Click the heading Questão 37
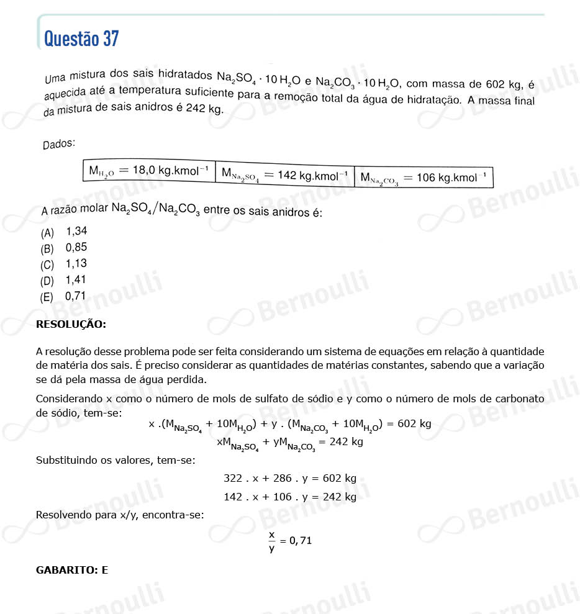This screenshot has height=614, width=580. tap(81, 39)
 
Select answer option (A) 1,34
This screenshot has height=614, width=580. tap(64, 232)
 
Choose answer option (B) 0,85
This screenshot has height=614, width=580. tap(64, 248)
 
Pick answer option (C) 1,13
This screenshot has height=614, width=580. tap(64, 264)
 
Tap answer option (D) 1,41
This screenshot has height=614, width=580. tap(64, 280)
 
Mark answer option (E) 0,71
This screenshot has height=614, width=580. tap(64, 296)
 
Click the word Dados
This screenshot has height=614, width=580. tap(59, 144)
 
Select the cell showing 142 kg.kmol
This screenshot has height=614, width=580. tap(284, 176)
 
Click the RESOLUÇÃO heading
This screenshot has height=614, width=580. tap(71, 324)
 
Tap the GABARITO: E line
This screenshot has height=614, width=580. tap(72, 569)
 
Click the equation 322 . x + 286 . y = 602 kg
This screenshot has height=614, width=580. tap(289, 479)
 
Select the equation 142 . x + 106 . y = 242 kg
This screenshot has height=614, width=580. tap(289, 497)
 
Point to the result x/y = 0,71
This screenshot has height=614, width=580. tap(290, 541)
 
